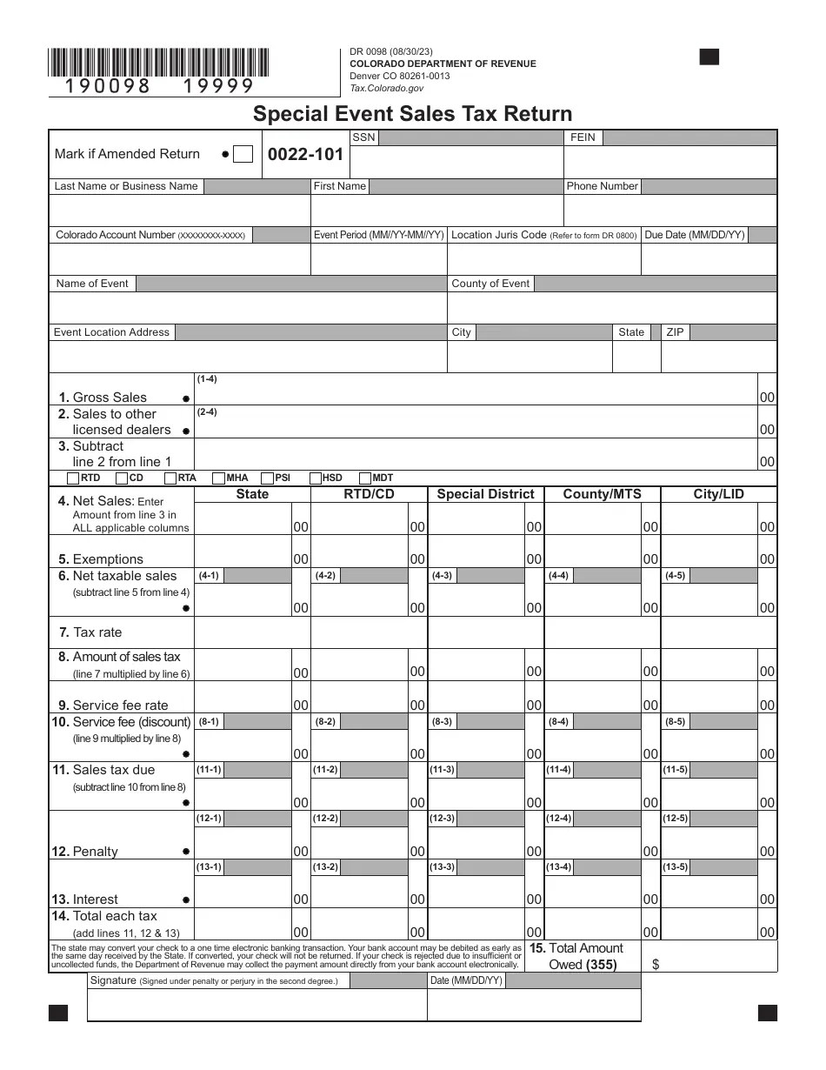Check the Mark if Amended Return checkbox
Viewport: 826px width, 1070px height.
coord(243,154)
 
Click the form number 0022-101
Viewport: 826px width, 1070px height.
coord(305,155)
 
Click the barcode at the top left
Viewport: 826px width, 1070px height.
coord(158,64)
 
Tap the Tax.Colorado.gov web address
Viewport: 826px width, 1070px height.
coord(387,88)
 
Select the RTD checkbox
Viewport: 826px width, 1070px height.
coord(73,478)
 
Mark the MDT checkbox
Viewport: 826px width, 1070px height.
coord(365,478)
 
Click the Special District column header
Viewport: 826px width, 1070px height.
coord(485,494)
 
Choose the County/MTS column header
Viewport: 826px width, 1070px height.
coord(602,494)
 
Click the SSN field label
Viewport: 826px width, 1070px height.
coord(363,137)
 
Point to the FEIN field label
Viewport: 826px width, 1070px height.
coord(583,137)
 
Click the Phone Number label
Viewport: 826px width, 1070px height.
coord(602,186)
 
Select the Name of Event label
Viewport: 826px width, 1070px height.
coord(92,284)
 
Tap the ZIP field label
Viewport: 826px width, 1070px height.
coord(675,332)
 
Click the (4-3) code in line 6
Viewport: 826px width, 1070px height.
coord(443,576)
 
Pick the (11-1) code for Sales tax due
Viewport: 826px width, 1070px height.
coord(209,770)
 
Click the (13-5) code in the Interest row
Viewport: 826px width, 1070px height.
coord(675,866)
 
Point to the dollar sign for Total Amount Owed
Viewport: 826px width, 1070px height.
coord(656,965)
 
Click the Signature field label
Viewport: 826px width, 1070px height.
coord(112,980)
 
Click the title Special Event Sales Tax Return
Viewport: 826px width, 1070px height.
coord(412,114)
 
